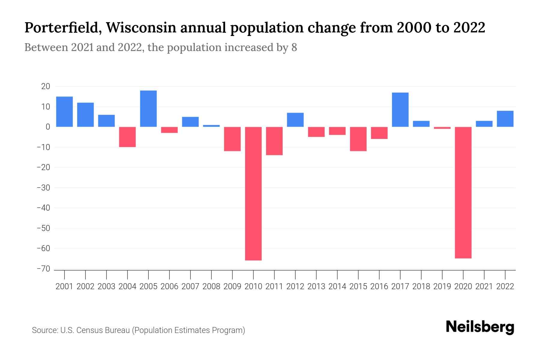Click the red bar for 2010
pyautogui.click(x=253, y=193)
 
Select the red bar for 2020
pyautogui.click(x=463, y=192)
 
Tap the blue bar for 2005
pyautogui.click(x=148, y=109)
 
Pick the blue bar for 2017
pyautogui.click(x=400, y=109)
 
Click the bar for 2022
pyautogui.click(x=505, y=119)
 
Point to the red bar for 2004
pyautogui.click(x=127, y=137)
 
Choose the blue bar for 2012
pyautogui.click(x=295, y=120)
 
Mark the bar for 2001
pyautogui.click(x=64, y=112)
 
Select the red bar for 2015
pyautogui.click(x=358, y=139)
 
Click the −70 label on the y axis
pyautogui.click(x=43, y=269)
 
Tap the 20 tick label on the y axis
pyautogui.click(x=46, y=86)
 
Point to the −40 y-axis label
pyautogui.click(x=43, y=208)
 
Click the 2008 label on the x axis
pyautogui.click(x=211, y=286)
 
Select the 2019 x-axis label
pyautogui.click(x=442, y=286)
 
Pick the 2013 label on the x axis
pyautogui.click(x=316, y=286)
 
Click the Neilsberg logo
pyautogui.click(x=480, y=327)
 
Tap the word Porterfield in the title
pyautogui.click(x=62, y=28)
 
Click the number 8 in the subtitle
pyautogui.click(x=294, y=47)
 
